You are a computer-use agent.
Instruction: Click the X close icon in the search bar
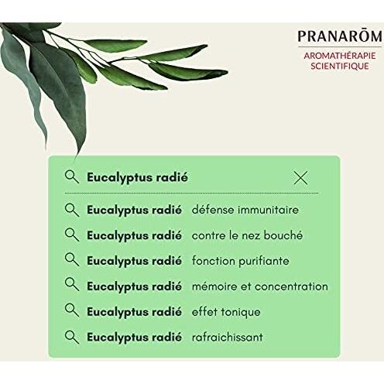pyautogui.click(x=300, y=178)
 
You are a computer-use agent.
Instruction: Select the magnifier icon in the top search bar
pyautogui.click(x=72, y=177)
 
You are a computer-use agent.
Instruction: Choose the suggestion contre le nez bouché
pyautogui.click(x=247, y=235)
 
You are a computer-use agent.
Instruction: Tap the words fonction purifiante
pyautogui.click(x=240, y=261)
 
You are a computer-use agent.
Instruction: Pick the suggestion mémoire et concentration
pyautogui.click(x=259, y=286)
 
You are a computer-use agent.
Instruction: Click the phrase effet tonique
pyautogui.click(x=225, y=312)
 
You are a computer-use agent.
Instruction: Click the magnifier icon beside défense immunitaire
pyautogui.click(x=72, y=210)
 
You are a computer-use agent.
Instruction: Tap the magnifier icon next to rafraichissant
pyautogui.click(x=72, y=337)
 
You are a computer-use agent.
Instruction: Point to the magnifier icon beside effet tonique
pyautogui.click(x=72, y=311)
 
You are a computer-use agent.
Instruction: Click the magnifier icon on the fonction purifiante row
pyautogui.click(x=72, y=260)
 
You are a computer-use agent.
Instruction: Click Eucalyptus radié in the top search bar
pyautogui.click(x=138, y=178)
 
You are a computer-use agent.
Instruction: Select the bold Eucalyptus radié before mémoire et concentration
pyautogui.click(x=134, y=286)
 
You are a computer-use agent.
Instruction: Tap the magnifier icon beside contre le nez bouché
pyautogui.click(x=72, y=235)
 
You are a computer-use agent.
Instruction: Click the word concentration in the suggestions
pyautogui.click(x=290, y=286)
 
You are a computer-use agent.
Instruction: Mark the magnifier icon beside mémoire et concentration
pyautogui.click(x=72, y=286)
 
